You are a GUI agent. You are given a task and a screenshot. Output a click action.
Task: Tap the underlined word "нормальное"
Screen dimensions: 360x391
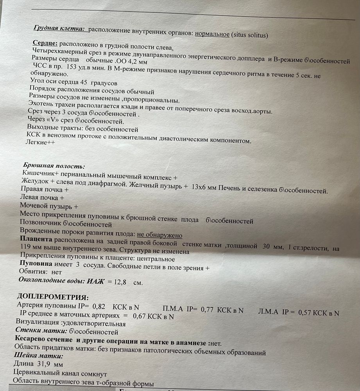click(x=212, y=34)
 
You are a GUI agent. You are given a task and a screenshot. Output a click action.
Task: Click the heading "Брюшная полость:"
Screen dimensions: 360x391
click(x=54, y=166)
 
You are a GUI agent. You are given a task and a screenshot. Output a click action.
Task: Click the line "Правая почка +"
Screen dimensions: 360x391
click(x=44, y=190)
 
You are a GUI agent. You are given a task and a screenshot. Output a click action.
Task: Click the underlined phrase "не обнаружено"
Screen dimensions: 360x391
click(x=159, y=235)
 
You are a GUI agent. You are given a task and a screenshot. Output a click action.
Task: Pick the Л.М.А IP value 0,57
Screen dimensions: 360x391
click(x=306, y=312)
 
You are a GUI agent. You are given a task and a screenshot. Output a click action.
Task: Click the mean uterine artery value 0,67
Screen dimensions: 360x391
click(x=140, y=316)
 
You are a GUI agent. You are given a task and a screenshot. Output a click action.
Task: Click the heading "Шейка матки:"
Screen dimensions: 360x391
click(x=38, y=356)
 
